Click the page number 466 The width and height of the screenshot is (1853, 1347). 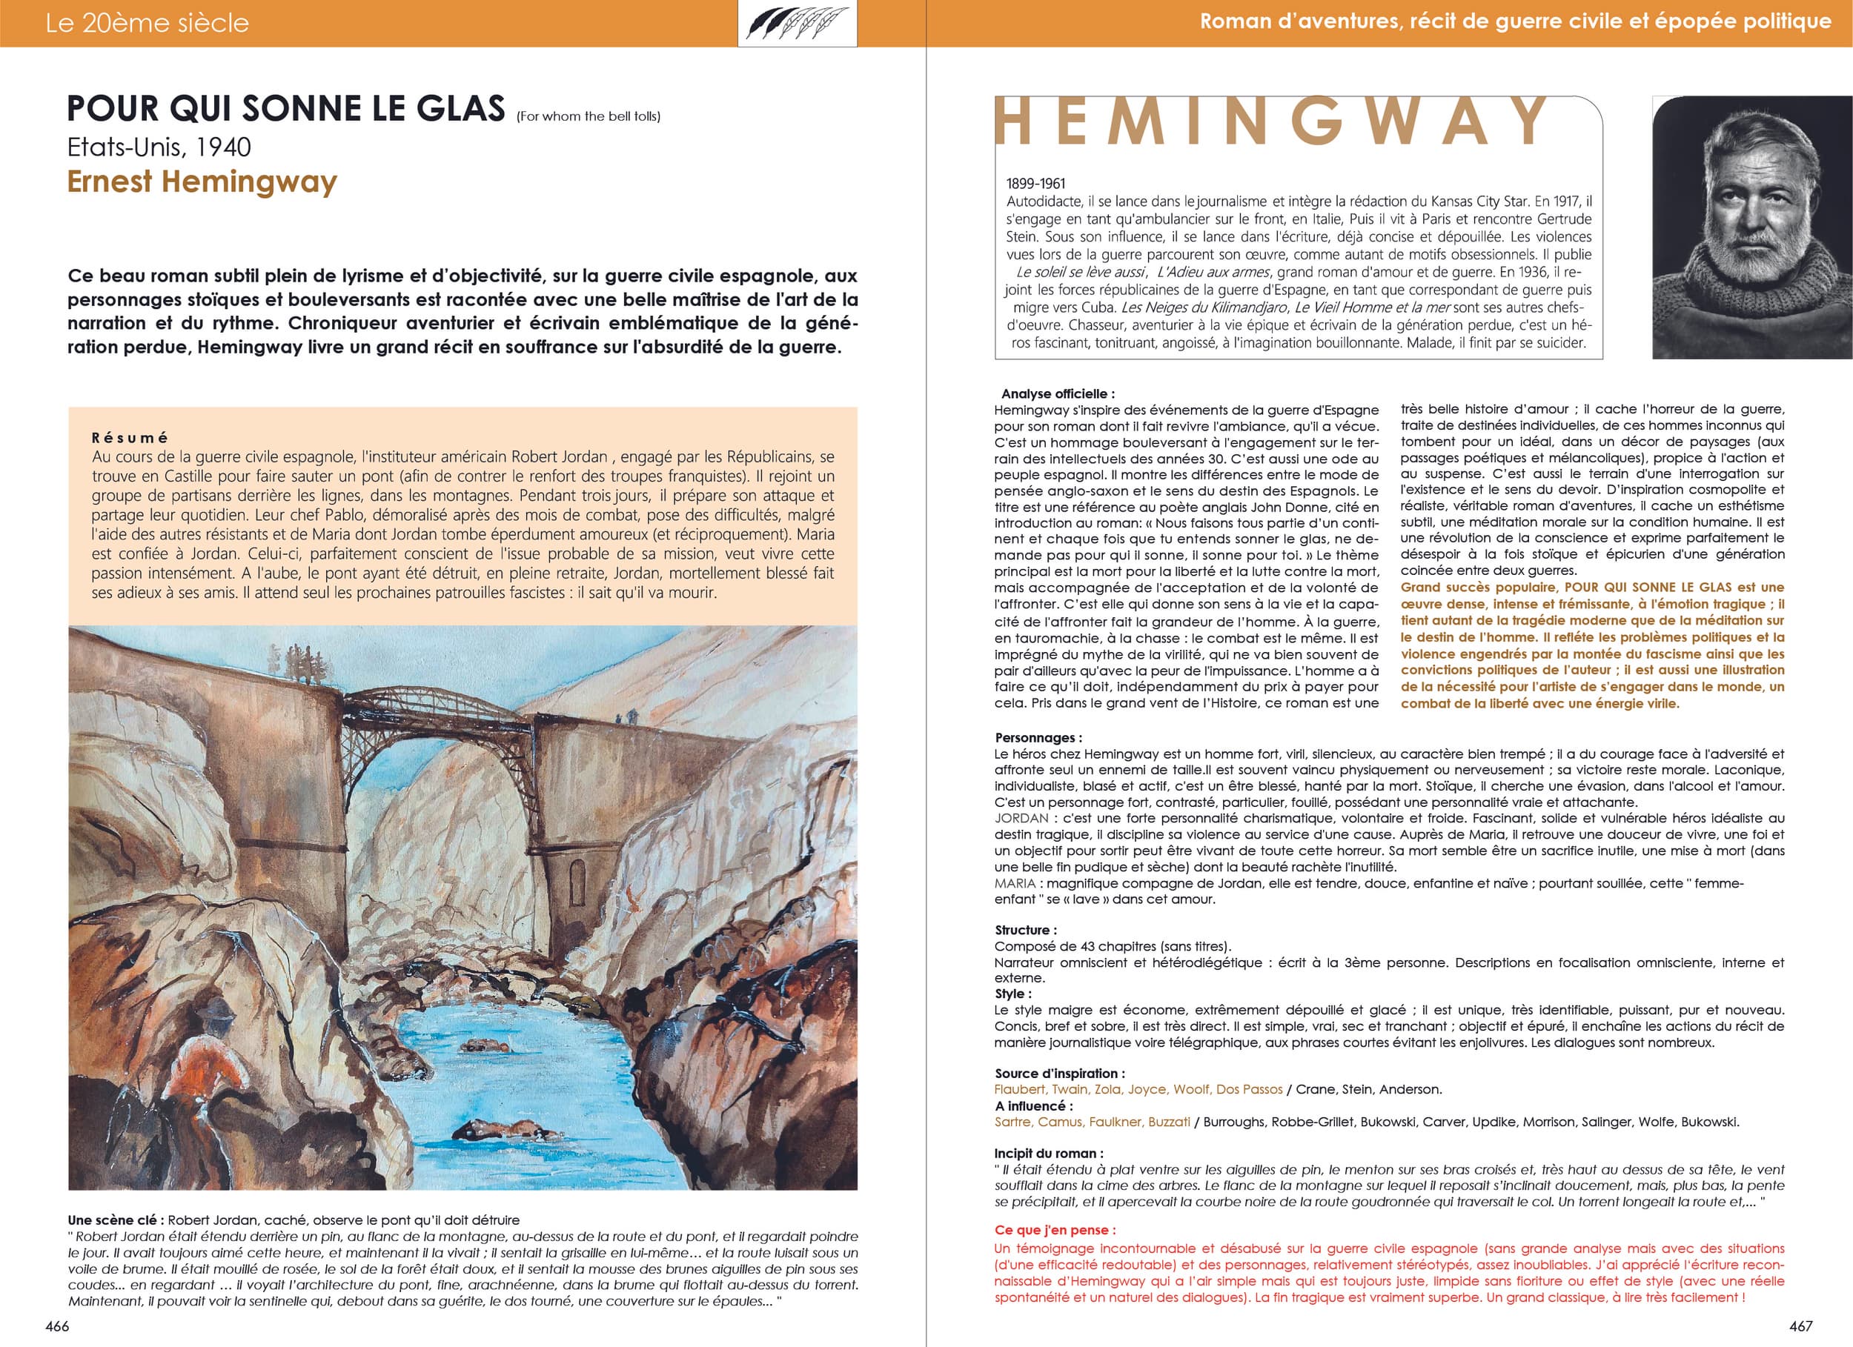pos(57,1326)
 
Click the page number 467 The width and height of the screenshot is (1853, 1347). pos(1800,1326)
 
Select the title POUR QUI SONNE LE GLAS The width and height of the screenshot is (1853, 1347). pos(286,109)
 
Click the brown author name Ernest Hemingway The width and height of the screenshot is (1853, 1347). pos(202,182)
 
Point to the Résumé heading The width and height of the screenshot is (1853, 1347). pos(130,438)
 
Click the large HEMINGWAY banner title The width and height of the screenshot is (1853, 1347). pos(1270,121)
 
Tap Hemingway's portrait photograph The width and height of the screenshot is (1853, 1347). pos(1751,227)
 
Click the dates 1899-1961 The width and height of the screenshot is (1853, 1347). pos(1036,184)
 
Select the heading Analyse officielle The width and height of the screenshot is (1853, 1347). pos(1057,393)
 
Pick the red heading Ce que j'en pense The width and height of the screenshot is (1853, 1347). pos(1055,1230)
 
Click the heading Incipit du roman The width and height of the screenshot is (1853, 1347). pos(1048,1154)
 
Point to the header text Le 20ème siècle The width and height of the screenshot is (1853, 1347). pos(147,23)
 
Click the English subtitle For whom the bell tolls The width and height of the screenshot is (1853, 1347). pos(589,117)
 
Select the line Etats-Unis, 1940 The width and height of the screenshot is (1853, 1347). pos(159,147)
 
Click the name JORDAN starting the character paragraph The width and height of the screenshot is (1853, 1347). pos(1021,819)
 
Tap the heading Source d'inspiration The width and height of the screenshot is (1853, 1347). pos(1059,1074)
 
